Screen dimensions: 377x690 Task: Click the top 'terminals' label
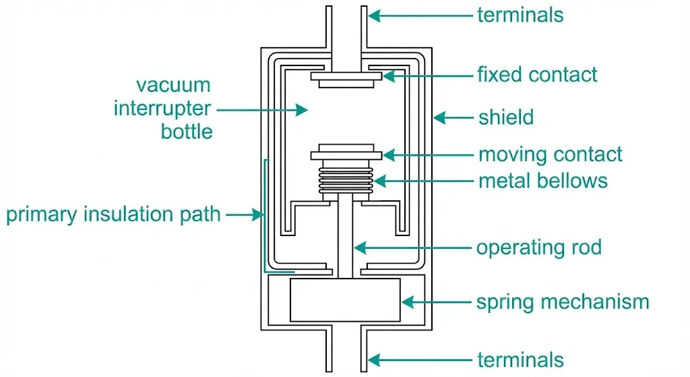(x=520, y=15)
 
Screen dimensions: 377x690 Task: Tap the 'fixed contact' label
(x=538, y=74)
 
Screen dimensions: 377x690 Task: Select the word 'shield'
(x=506, y=117)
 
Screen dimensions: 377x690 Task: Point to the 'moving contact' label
(x=551, y=154)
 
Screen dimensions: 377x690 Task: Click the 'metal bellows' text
(x=543, y=181)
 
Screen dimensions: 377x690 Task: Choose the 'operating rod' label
(x=539, y=248)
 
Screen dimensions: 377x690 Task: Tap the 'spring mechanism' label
(x=563, y=301)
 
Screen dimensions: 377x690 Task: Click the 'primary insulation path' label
(x=113, y=215)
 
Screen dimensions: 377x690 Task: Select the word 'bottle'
(x=187, y=131)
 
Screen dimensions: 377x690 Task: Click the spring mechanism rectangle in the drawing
(x=345, y=299)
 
